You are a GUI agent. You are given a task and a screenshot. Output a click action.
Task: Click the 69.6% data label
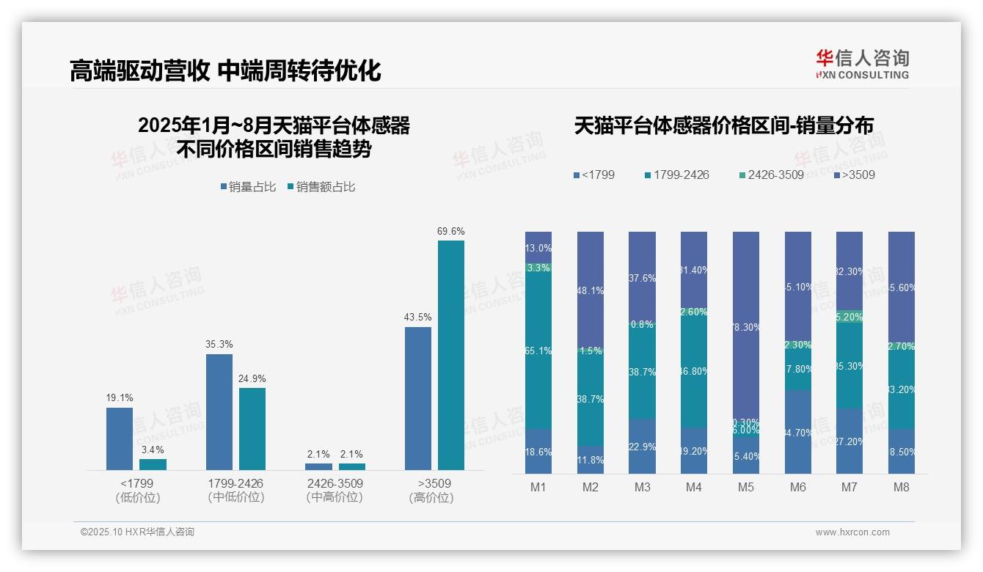click(450, 231)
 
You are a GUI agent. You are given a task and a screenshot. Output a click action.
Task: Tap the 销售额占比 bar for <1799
click(153, 464)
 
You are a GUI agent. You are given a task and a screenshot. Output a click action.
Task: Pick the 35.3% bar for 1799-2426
click(219, 411)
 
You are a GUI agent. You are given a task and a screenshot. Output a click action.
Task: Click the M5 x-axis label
click(746, 487)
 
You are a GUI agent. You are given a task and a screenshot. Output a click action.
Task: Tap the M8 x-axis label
click(902, 487)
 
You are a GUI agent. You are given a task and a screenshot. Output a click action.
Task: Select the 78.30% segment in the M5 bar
click(746, 327)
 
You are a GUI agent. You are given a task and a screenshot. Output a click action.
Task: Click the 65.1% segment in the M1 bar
click(538, 351)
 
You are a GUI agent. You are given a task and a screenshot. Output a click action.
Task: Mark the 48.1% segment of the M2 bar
click(591, 290)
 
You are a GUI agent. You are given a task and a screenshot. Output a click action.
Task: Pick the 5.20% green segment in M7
click(849, 317)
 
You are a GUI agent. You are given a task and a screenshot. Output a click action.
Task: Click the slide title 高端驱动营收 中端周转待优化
click(225, 70)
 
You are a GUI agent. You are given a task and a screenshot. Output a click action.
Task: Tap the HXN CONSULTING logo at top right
click(862, 64)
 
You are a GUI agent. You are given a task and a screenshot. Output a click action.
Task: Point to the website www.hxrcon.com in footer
click(852, 532)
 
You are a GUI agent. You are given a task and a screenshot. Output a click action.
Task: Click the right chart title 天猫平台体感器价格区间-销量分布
click(723, 125)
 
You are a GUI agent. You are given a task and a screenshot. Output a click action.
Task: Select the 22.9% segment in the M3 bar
click(642, 447)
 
